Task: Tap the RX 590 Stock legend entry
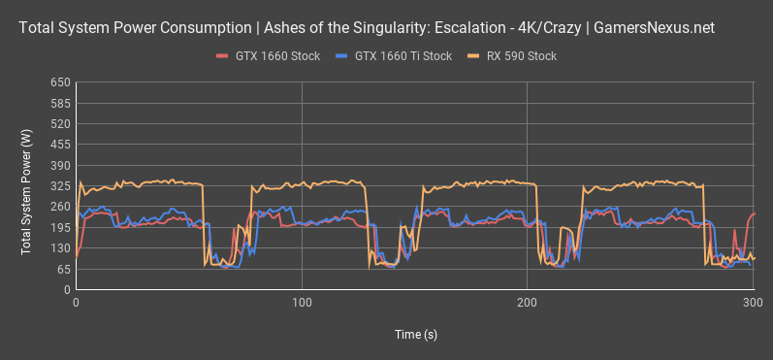[514, 56]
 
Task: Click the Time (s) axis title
[415, 334]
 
